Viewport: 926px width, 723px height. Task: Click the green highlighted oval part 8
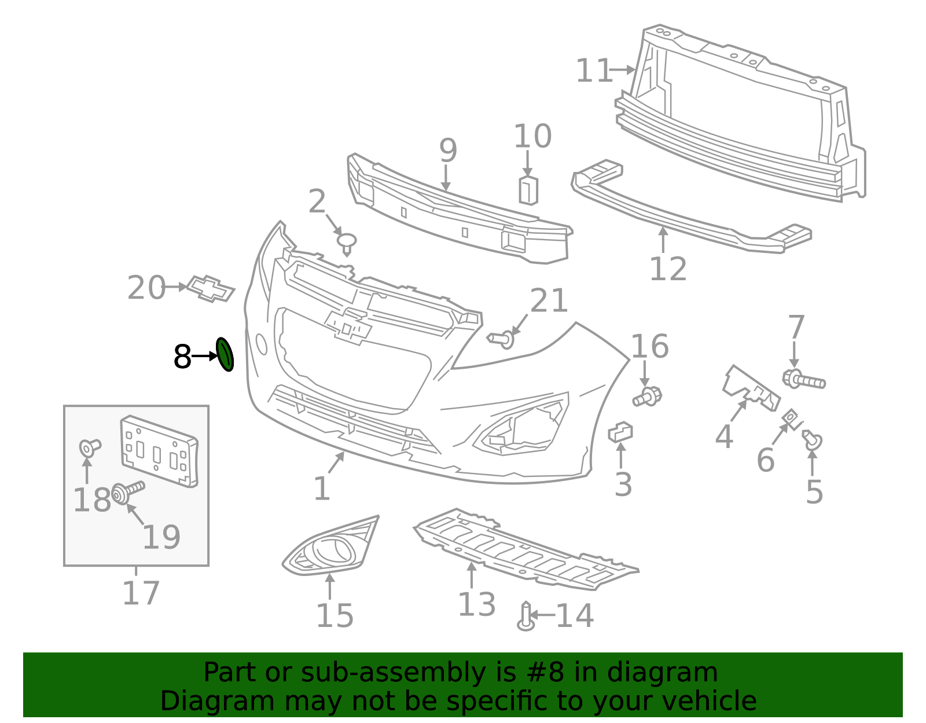click(x=225, y=354)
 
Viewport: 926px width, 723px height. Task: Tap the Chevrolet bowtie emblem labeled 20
click(x=211, y=288)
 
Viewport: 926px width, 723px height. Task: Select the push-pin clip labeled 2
click(x=347, y=244)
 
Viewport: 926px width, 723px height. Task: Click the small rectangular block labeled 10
click(x=528, y=190)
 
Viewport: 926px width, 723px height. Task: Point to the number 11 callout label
click(x=594, y=70)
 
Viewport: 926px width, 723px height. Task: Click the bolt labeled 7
click(x=804, y=379)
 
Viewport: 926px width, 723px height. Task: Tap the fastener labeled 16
click(x=647, y=396)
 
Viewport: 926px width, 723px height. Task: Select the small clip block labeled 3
click(x=620, y=432)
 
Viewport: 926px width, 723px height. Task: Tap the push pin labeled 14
click(x=526, y=616)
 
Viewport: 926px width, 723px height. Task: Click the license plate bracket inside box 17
click(x=159, y=452)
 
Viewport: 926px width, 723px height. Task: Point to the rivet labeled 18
click(x=89, y=448)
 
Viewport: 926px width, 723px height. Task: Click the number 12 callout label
click(x=668, y=269)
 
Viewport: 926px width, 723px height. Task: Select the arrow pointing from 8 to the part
click(x=205, y=355)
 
